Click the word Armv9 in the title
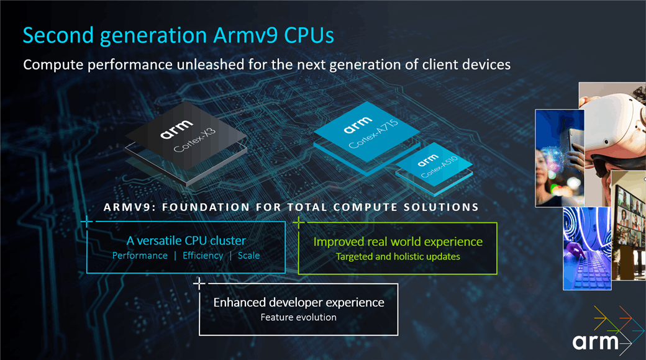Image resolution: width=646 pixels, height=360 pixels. [245, 35]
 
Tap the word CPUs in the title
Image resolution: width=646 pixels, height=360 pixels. [309, 35]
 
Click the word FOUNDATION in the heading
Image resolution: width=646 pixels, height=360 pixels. [206, 207]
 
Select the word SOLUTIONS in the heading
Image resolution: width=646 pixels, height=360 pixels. [441, 207]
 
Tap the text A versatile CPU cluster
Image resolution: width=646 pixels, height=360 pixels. [186, 241]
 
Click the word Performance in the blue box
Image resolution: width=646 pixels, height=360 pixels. [140, 256]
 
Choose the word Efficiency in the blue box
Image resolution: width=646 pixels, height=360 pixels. [202, 256]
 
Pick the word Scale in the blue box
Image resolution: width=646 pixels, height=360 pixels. [249, 256]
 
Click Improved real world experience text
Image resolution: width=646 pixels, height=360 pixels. [398, 242]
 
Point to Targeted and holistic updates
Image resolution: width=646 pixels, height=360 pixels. [398, 256]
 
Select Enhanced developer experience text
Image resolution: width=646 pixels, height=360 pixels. [299, 303]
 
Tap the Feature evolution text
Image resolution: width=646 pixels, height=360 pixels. [299, 317]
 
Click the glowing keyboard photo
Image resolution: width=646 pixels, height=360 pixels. [588, 248]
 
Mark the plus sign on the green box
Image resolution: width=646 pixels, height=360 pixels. [299, 222]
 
